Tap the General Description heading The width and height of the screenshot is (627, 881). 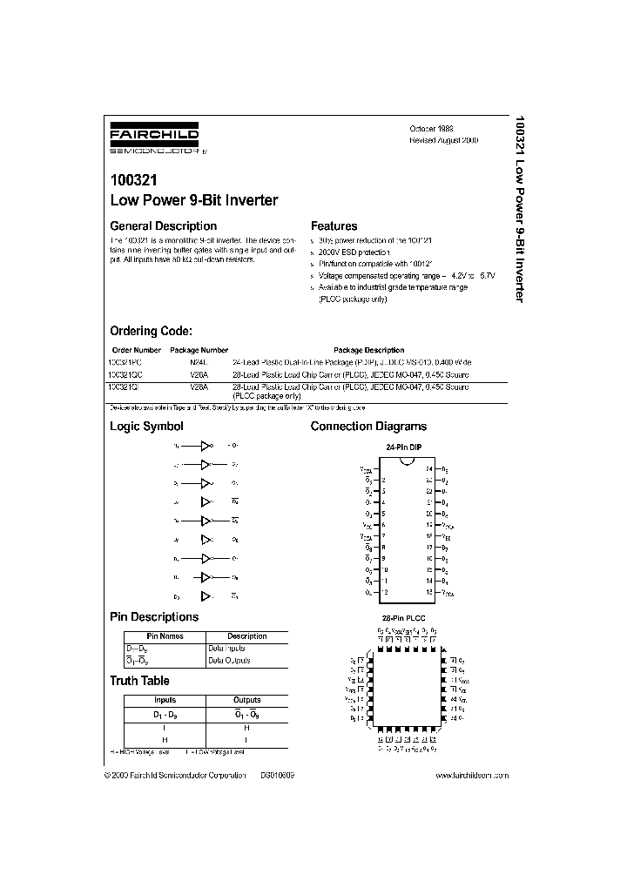pyautogui.click(x=163, y=225)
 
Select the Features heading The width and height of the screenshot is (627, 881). pyautogui.click(x=334, y=225)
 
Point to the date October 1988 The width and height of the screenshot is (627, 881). pyautogui.click(x=431, y=127)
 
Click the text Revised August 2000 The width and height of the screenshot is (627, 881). pyautogui.click(x=443, y=140)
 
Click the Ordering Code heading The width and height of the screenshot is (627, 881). pyautogui.click(x=151, y=331)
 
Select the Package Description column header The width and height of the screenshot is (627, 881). pyautogui.click(x=369, y=350)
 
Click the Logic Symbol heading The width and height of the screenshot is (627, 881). pyautogui.click(x=146, y=427)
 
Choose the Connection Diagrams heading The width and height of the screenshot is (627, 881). pyautogui.click(x=368, y=427)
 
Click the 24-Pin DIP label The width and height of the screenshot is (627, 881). pyautogui.click(x=403, y=447)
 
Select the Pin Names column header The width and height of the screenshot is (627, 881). pyautogui.click(x=165, y=636)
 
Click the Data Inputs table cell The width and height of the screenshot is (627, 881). pyautogui.click(x=226, y=649)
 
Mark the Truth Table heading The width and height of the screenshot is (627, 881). pyautogui.click(x=139, y=681)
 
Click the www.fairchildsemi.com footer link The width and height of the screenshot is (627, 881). pyautogui.click(x=470, y=775)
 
